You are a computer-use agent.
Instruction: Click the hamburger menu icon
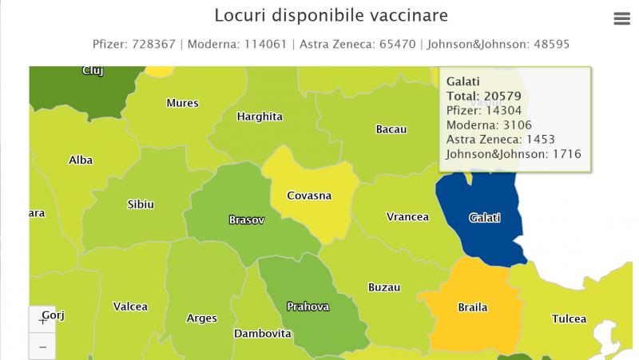click(x=622, y=19)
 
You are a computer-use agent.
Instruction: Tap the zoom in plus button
click(x=42, y=321)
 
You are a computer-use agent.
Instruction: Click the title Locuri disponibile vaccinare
click(x=331, y=16)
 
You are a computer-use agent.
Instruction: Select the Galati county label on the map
click(x=485, y=217)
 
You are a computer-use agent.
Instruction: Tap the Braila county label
click(x=472, y=307)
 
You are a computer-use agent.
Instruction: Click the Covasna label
click(x=310, y=196)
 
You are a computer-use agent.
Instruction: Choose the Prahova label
click(x=308, y=307)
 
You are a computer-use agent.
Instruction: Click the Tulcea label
click(x=569, y=319)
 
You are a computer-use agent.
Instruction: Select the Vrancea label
click(x=407, y=217)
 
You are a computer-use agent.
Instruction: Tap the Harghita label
click(x=260, y=117)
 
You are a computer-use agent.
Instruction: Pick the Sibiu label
click(x=141, y=204)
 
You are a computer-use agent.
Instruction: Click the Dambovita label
click(x=262, y=333)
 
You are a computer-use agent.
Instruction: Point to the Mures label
click(x=182, y=103)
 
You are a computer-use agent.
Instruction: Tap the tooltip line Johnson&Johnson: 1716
click(x=513, y=154)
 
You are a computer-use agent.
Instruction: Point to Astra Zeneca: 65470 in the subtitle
click(x=357, y=44)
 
